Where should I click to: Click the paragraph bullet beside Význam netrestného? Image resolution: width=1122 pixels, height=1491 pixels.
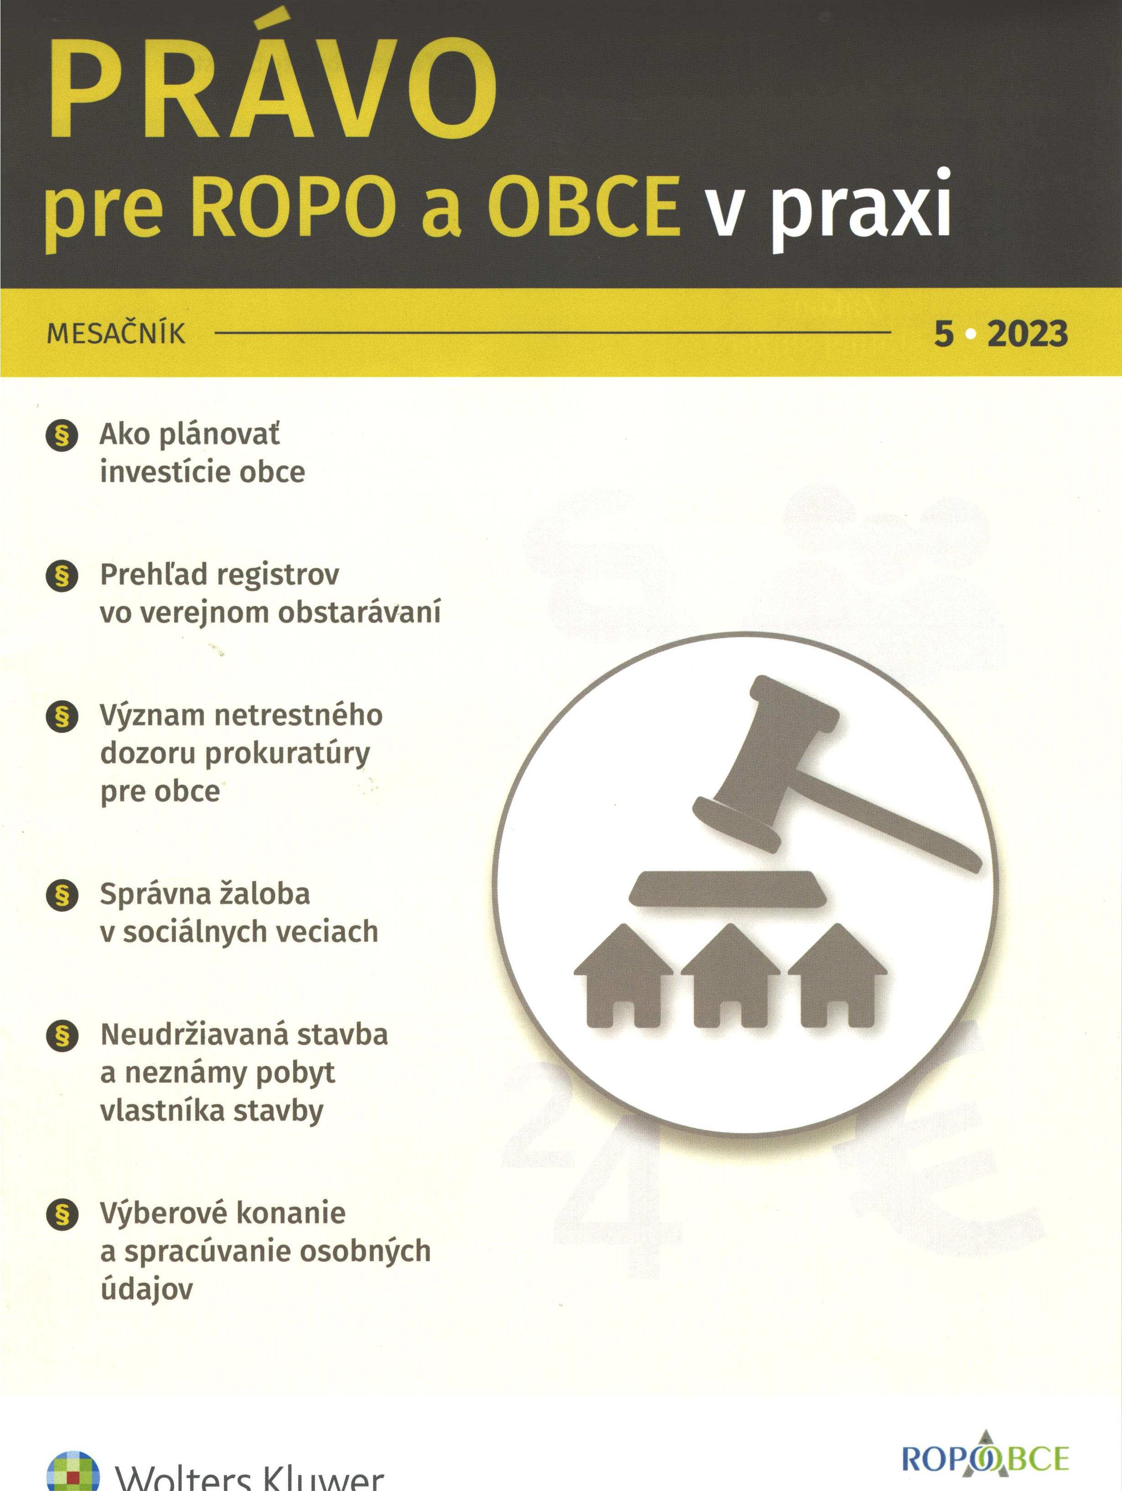62,716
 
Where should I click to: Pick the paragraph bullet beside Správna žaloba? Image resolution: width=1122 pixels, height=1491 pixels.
62,895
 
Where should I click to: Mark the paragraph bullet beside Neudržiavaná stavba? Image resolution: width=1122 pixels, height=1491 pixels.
62,1035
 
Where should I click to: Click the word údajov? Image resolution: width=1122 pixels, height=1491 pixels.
146,1289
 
